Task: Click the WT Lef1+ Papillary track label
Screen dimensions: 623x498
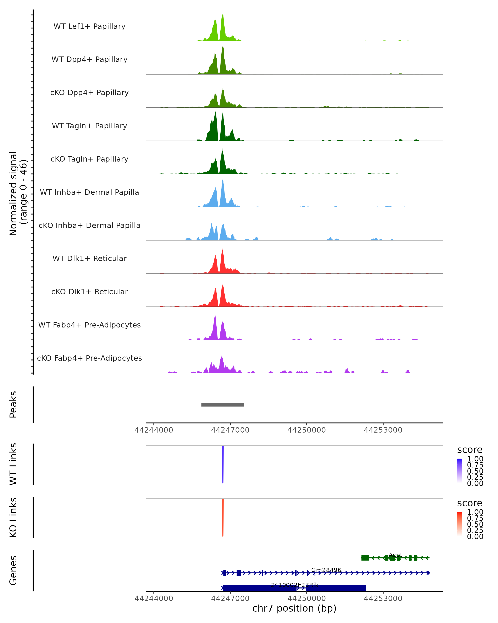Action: tap(89, 26)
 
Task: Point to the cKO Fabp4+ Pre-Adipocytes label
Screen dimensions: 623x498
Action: tap(89, 358)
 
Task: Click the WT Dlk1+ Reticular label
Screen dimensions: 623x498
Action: tap(89, 258)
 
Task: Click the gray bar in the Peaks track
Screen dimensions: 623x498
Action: tap(222, 405)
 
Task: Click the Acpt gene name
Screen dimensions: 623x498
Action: tap(395, 555)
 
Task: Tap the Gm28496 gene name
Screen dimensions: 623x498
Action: tap(326, 570)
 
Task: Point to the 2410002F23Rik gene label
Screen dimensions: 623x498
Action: tap(294, 585)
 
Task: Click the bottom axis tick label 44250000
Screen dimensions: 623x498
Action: tap(307, 598)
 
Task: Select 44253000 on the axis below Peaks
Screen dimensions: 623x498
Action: tap(383, 430)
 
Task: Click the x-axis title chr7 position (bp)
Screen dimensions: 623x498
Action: tap(294, 608)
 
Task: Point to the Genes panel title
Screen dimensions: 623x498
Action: tap(13, 570)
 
